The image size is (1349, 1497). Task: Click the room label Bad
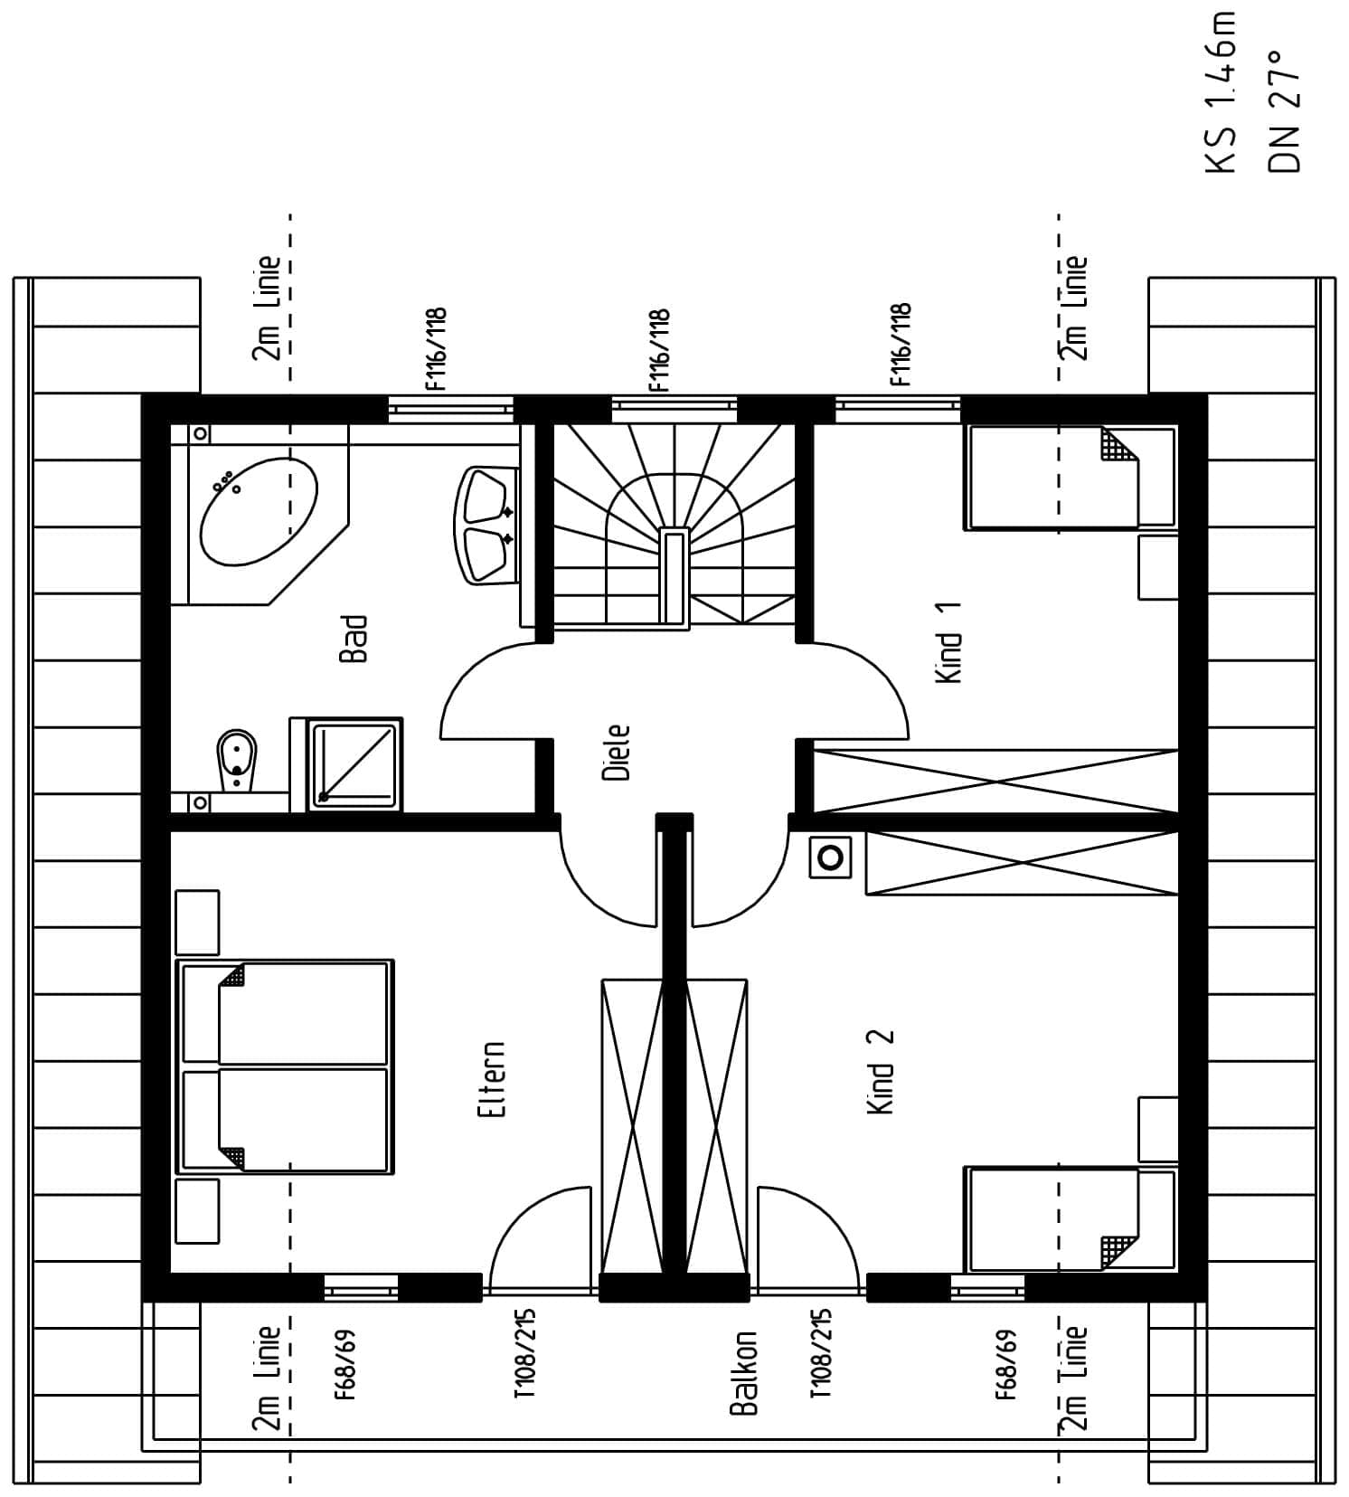(354, 640)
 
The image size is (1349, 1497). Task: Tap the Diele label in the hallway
(616, 752)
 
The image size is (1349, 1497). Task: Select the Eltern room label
(492, 1078)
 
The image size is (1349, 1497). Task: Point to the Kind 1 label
(948, 643)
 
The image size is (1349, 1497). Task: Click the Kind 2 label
(880, 1072)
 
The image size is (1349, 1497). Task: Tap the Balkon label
(743, 1372)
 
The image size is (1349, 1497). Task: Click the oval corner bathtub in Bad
(259, 512)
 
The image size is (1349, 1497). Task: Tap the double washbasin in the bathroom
(486, 525)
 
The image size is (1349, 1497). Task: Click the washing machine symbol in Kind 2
(830, 856)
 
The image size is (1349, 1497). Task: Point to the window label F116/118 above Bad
(437, 349)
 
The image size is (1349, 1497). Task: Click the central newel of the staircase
(674, 575)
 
